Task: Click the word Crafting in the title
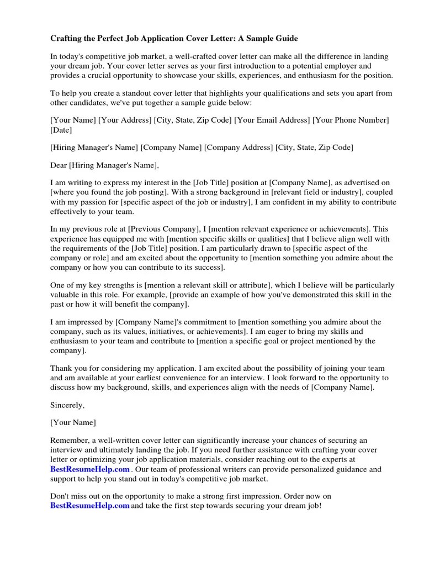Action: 67,39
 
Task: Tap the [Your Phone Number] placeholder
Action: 351,120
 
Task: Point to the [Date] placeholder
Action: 61,130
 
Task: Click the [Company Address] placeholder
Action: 239,148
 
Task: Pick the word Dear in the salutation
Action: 59,165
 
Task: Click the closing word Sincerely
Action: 67,405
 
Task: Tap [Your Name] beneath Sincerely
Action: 73,422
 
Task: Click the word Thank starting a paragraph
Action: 61,368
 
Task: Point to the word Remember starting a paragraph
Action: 68,441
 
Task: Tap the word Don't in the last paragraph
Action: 60,496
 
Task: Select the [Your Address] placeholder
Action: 125,120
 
